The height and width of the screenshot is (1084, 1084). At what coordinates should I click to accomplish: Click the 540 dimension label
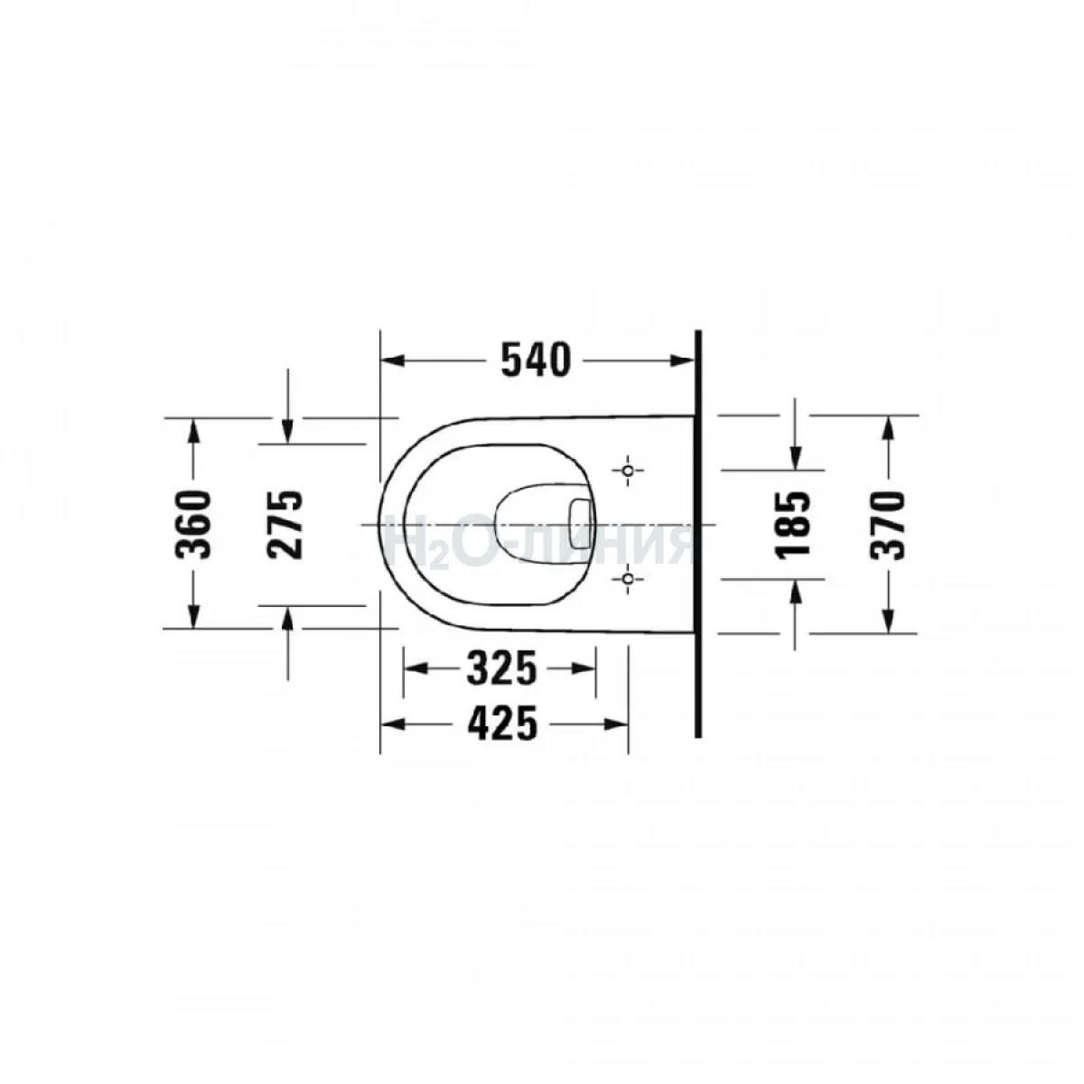(536, 360)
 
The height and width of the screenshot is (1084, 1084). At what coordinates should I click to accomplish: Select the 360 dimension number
(193, 525)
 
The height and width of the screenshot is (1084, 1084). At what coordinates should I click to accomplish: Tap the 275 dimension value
(285, 525)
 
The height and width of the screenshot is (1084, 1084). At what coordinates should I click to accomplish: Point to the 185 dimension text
(792, 525)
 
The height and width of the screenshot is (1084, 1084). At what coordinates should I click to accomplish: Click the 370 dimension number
(887, 525)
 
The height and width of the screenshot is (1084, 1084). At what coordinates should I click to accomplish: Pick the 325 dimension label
(502, 668)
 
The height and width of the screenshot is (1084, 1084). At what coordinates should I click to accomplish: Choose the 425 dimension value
(502, 724)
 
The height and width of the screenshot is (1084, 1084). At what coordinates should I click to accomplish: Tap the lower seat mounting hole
(629, 578)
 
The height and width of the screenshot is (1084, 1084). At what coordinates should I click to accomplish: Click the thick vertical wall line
(698, 533)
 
